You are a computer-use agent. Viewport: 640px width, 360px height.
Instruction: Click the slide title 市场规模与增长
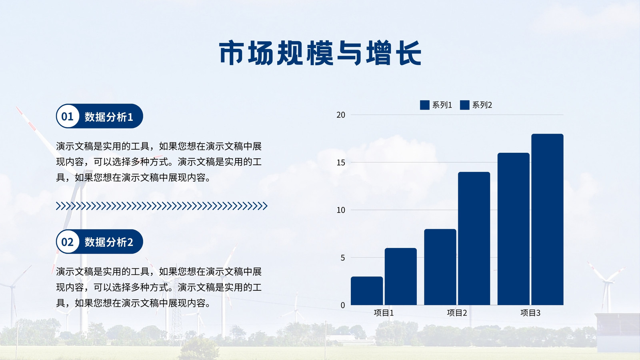[x=320, y=53]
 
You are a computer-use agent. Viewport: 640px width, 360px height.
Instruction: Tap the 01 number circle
[x=68, y=116]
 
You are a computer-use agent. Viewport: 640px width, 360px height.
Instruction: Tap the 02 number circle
[x=68, y=242]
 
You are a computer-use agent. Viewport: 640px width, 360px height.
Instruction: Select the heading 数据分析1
[x=108, y=116]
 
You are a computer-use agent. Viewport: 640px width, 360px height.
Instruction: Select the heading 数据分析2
[x=108, y=242]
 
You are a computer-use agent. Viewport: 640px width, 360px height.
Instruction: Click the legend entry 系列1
[x=436, y=105]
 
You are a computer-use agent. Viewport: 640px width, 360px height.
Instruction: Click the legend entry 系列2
[x=476, y=105]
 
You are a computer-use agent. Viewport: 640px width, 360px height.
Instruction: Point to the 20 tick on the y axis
[x=341, y=115]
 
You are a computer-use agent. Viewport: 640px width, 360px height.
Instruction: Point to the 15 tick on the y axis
[x=341, y=162]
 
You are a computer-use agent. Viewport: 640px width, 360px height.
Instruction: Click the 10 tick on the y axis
[x=341, y=210]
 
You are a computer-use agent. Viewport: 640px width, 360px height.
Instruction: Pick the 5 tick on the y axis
[x=343, y=258]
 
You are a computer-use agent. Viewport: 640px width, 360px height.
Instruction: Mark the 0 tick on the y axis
[x=343, y=306]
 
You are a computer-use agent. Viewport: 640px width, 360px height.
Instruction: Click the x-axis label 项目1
[x=384, y=313]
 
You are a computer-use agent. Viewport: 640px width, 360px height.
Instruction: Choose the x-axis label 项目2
[x=457, y=313]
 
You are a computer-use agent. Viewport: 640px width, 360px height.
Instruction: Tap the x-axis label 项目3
[x=530, y=313]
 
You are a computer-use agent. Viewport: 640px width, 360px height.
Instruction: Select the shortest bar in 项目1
[x=367, y=291]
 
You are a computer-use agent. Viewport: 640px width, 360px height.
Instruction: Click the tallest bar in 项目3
[x=548, y=220]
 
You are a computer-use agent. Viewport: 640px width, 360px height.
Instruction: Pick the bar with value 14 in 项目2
[x=474, y=238]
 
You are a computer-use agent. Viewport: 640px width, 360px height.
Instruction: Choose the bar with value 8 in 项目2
[x=440, y=267]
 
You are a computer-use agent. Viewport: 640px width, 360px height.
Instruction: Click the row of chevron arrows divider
[x=162, y=206]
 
